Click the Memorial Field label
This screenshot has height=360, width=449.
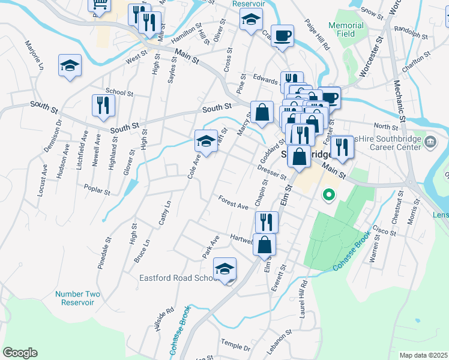[x=346, y=30]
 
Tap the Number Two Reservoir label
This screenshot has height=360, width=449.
[x=77, y=298]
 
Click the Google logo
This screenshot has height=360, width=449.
[x=20, y=353]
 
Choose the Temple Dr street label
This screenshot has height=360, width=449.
[x=235, y=344]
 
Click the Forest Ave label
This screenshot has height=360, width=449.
[x=233, y=203]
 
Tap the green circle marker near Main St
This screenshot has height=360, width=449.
[x=328, y=194]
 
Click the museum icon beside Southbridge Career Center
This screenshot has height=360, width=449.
[x=430, y=142]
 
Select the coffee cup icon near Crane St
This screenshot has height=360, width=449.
[x=282, y=35]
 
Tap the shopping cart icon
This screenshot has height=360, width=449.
[x=99, y=5]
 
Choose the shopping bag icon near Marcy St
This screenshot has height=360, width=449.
[x=262, y=112]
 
